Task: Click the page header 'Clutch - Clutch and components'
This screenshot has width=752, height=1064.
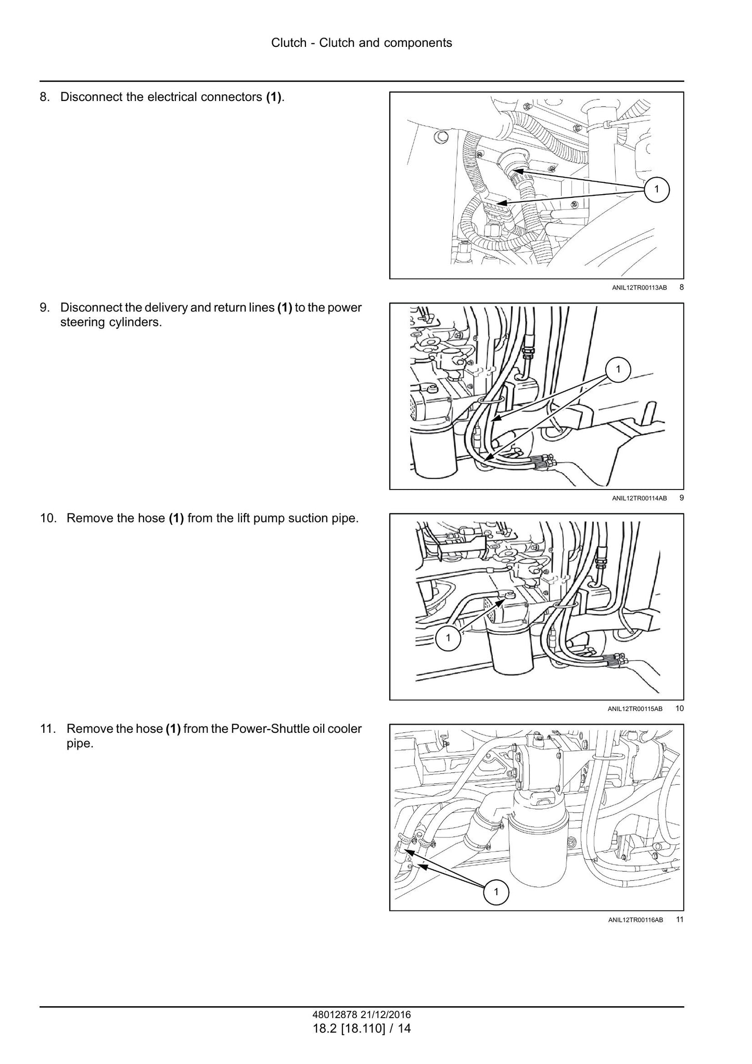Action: click(x=361, y=43)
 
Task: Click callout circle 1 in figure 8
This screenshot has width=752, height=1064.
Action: click(x=656, y=189)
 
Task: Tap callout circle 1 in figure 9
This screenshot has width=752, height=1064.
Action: click(x=618, y=369)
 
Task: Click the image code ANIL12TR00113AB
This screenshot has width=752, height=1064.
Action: click(x=639, y=287)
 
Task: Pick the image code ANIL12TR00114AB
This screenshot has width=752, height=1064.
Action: click(x=639, y=498)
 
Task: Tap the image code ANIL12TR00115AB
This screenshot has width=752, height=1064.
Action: click(x=635, y=709)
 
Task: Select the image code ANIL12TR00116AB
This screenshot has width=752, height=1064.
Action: click(x=635, y=920)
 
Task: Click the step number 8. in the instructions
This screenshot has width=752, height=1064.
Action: click(x=45, y=97)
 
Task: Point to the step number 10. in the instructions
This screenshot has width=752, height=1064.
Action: click(x=48, y=519)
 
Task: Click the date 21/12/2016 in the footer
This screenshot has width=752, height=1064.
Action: click(x=385, y=1015)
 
